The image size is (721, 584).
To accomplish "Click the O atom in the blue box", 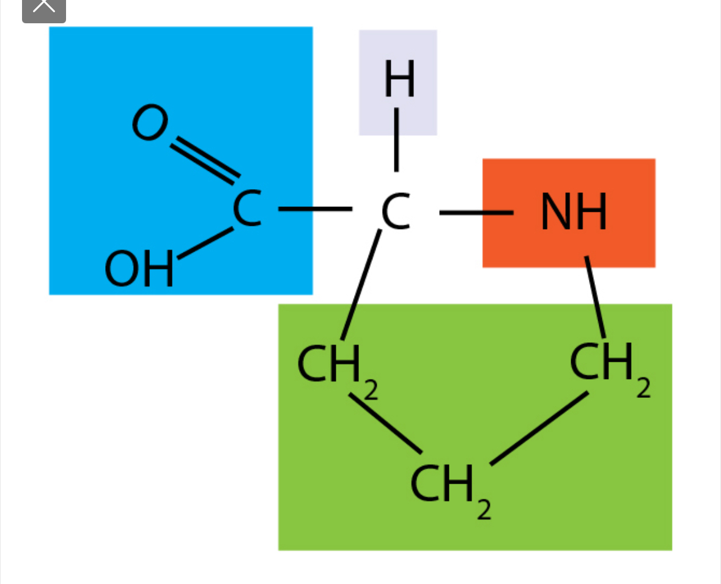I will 150,122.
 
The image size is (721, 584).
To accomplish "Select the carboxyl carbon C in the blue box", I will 247,209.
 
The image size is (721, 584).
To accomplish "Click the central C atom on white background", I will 396,212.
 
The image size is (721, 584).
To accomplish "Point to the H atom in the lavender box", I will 399,80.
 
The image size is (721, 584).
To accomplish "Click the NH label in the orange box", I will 573,212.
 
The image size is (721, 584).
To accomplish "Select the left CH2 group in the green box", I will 330,364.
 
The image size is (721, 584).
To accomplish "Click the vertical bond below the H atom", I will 397,140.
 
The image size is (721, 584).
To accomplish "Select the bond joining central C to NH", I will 476,212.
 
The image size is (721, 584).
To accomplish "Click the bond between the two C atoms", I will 315,209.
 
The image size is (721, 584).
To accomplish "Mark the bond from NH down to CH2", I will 595,296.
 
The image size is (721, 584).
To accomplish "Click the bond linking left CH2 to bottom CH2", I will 385,424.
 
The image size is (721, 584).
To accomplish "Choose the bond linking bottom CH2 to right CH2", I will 539,427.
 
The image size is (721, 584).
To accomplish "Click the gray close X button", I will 44,7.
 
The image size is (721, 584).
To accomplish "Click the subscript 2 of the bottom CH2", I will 484,510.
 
